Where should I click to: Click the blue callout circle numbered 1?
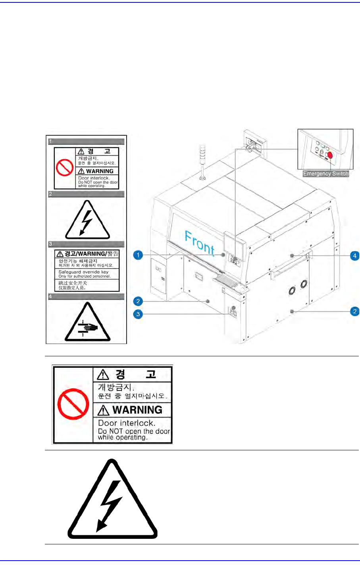138,255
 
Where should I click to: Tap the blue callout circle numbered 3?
138,314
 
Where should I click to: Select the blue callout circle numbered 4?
355,256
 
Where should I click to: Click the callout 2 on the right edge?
355,311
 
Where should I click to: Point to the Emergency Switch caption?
325,174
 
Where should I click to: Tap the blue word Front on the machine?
200,242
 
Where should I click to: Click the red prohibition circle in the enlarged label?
73,404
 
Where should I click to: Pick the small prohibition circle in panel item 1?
64,168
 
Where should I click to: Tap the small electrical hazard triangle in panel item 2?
87,220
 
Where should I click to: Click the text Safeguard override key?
83,272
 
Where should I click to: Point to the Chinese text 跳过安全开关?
73,283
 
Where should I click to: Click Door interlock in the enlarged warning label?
127,423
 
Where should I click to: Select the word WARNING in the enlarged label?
137,409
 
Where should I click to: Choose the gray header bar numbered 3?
87,244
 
